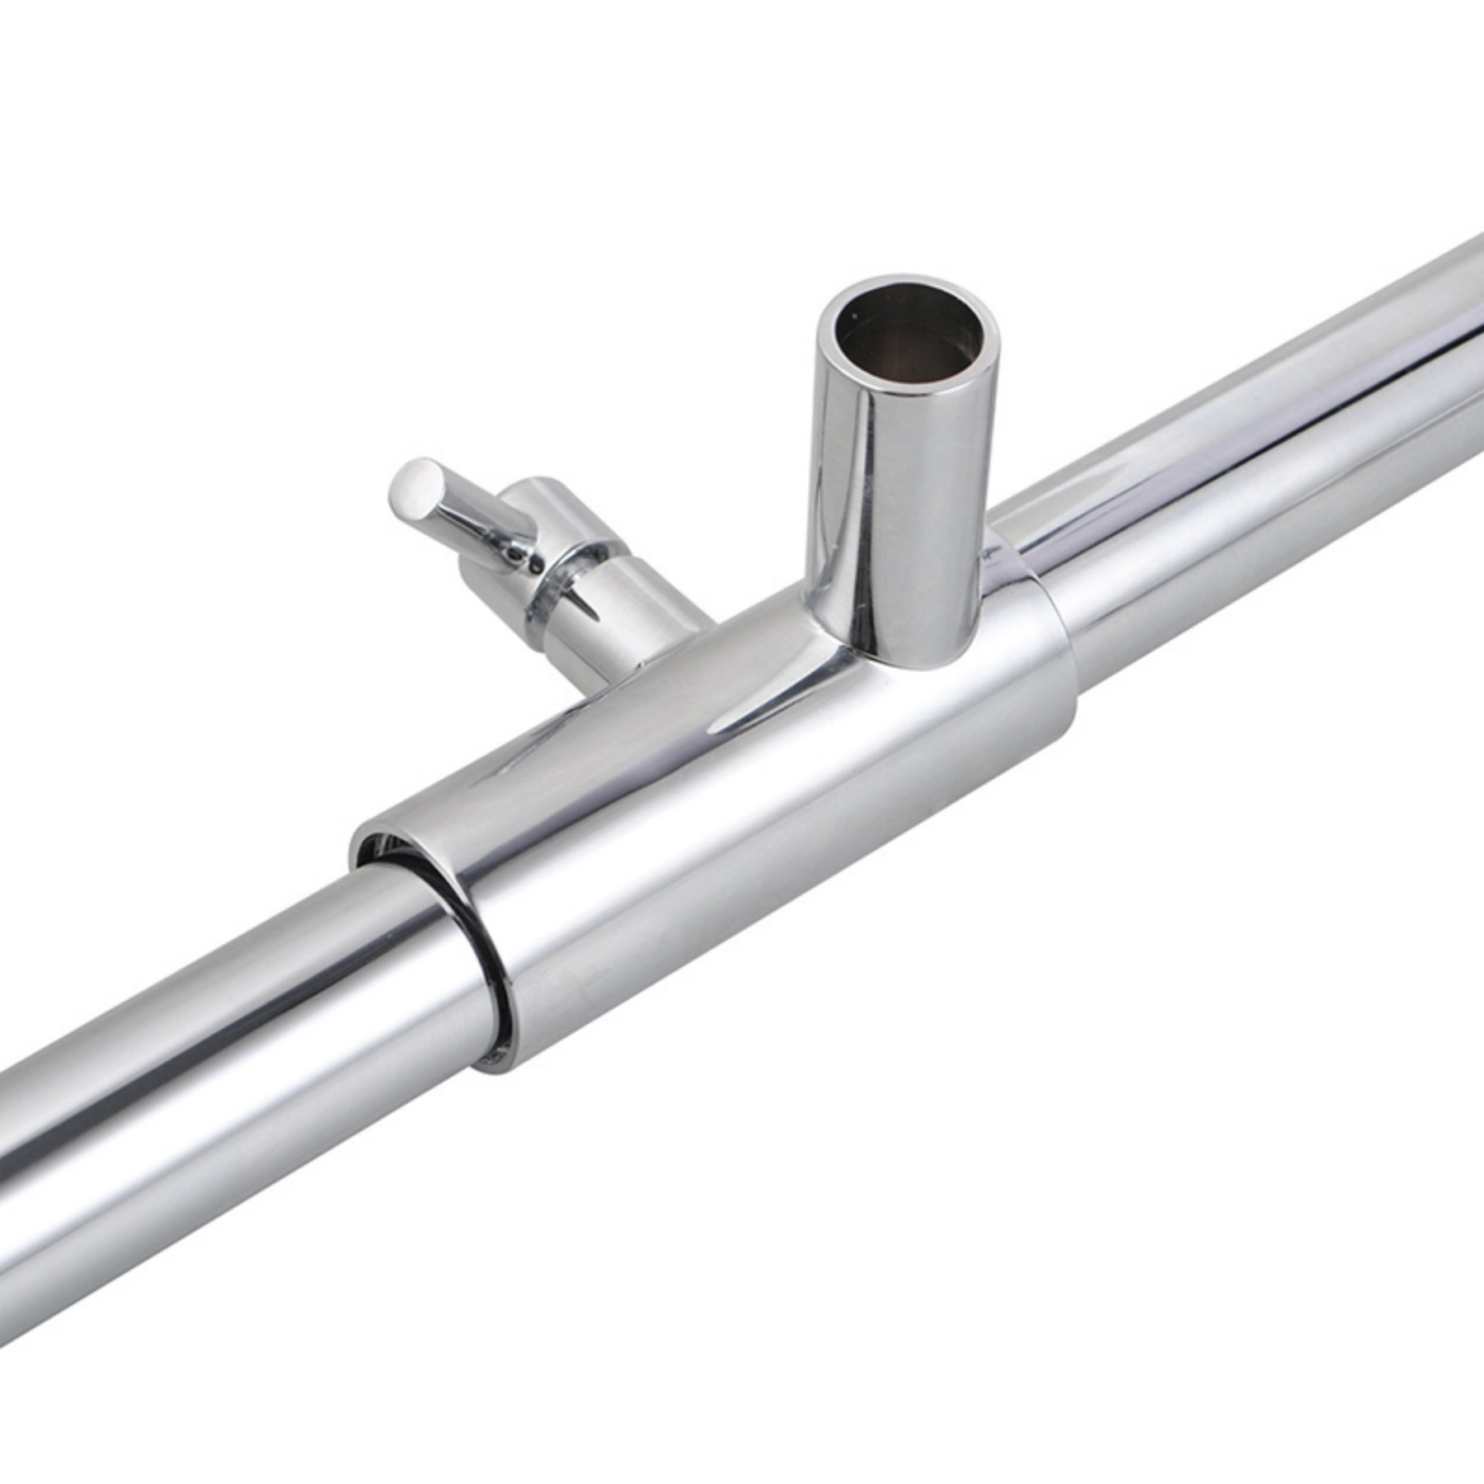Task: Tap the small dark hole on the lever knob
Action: [x=516, y=556]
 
